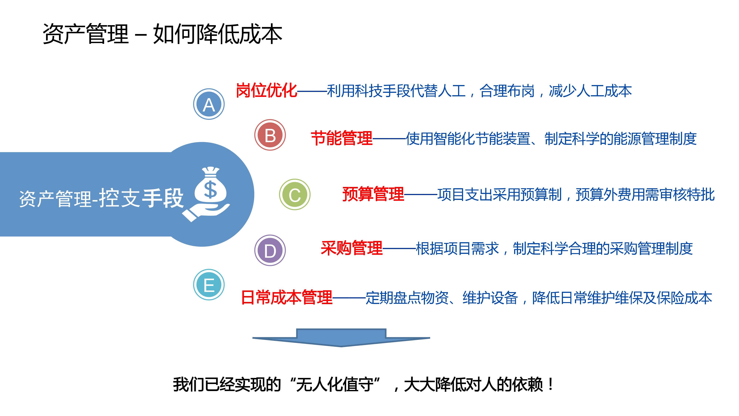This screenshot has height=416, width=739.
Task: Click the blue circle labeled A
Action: [x=209, y=104]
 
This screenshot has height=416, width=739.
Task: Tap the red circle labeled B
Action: [x=270, y=135]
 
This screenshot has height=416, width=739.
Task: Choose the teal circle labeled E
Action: [x=209, y=285]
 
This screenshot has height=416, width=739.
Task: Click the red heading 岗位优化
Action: [x=266, y=91]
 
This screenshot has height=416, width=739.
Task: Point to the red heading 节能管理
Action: [x=342, y=138]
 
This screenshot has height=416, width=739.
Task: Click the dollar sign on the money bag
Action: [x=210, y=190]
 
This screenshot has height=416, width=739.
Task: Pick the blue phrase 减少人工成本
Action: [x=590, y=91]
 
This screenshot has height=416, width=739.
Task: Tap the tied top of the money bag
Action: [x=211, y=171]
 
